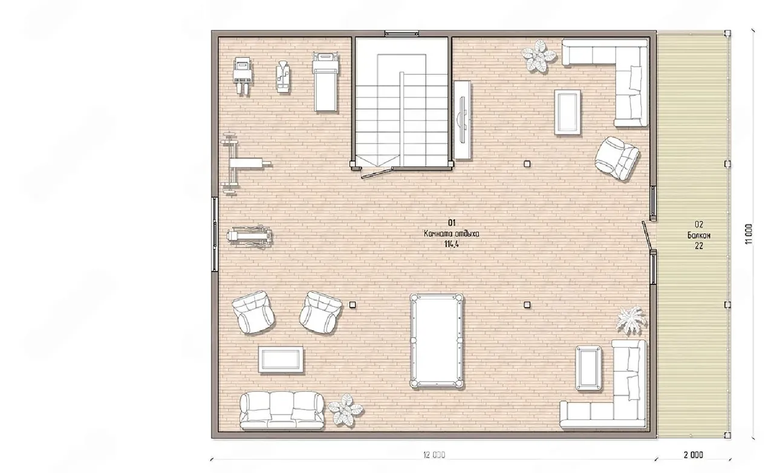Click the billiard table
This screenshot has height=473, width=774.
coord(437,341)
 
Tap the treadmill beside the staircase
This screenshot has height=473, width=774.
coord(325,82)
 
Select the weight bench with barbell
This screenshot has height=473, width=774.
coord(244,163)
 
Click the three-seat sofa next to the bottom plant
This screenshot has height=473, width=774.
coord(282,411)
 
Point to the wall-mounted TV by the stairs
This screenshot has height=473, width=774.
coord(462,120)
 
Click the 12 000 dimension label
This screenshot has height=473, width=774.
coord(434,455)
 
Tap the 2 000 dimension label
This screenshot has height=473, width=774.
coord(693,455)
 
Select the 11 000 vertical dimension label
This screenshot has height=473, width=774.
coord(748,234)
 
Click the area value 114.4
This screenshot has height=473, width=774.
coord(451,244)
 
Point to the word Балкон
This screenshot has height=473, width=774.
coord(698,235)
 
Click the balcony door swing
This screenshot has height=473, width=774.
coord(647,235)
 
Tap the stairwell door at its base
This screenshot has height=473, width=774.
coord(377,173)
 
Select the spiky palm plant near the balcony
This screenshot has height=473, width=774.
coord(631,320)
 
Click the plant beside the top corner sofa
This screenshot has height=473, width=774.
coord(538,56)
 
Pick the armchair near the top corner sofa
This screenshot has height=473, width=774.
coord(617,158)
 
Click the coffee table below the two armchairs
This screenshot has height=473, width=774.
coord(281,360)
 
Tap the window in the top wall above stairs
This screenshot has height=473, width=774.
coord(402,33)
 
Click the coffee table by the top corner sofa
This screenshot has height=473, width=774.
coord(567,112)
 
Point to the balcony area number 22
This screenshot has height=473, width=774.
coord(698,246)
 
